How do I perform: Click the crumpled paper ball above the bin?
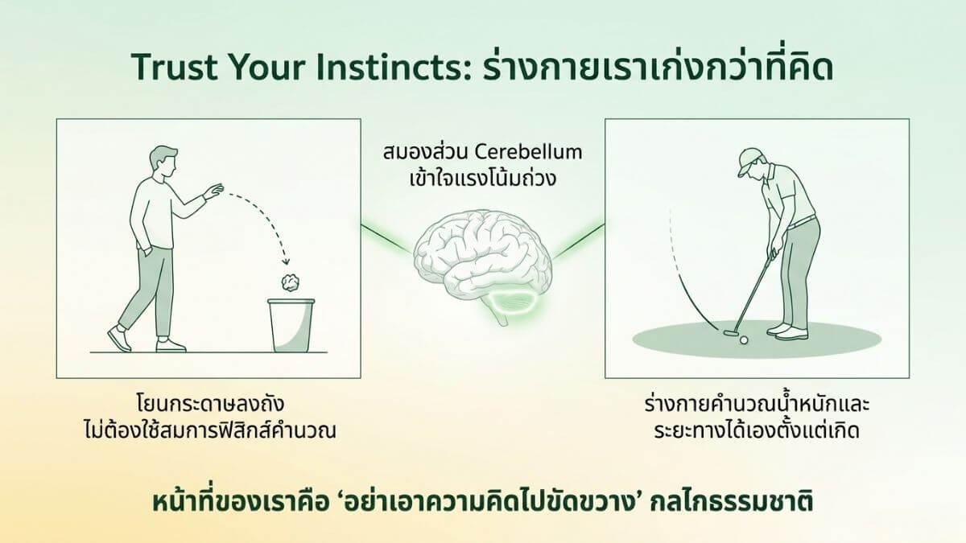pos(288,282)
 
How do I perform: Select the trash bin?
pos(290,325)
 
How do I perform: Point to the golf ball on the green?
pos(743,339)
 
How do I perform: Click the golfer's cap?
pos(747,159)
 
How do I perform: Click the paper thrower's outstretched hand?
pos(213,191)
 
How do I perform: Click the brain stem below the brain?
pos(502,319)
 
